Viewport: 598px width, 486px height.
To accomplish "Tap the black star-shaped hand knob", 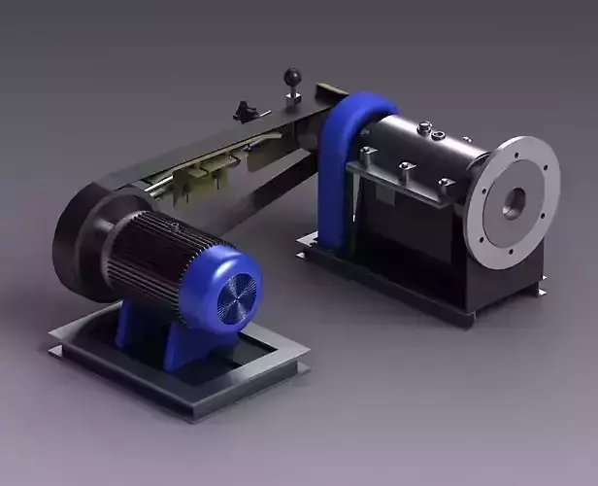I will [249, 113].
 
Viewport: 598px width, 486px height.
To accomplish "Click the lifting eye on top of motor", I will [176, 226].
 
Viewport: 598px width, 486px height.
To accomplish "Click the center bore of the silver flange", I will [514, 202].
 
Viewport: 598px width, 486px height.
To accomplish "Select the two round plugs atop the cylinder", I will [431, 129].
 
